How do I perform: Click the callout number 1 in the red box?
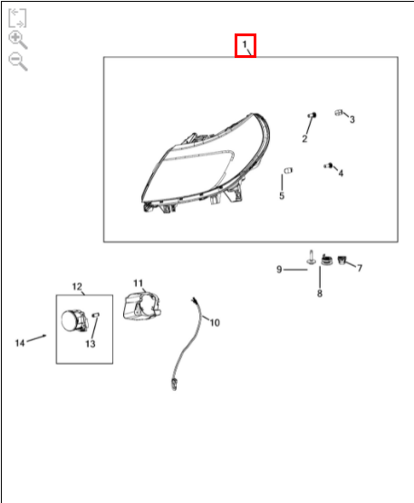click(245, 44)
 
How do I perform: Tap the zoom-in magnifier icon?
click(17, 40)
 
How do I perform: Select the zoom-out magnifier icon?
click(17, 62)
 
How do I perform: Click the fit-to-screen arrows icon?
click(17, 18)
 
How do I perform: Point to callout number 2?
click(304, 138)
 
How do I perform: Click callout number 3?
click(352, 119)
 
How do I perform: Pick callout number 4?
click(341, 173)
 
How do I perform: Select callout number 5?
click(282, 195)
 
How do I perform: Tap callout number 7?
click(360, 268)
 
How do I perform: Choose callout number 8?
click(320, 293)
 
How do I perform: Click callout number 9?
click(279, 270)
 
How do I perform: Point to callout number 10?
click(215, 322)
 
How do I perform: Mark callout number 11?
click(138, 283)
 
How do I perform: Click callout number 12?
click(77, 287)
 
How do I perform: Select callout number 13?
click(91, 344)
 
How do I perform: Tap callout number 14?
click(20, 343)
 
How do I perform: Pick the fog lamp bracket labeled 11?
click(142, 306)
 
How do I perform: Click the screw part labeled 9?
click(311, 257)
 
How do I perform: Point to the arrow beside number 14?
click(36, 338)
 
